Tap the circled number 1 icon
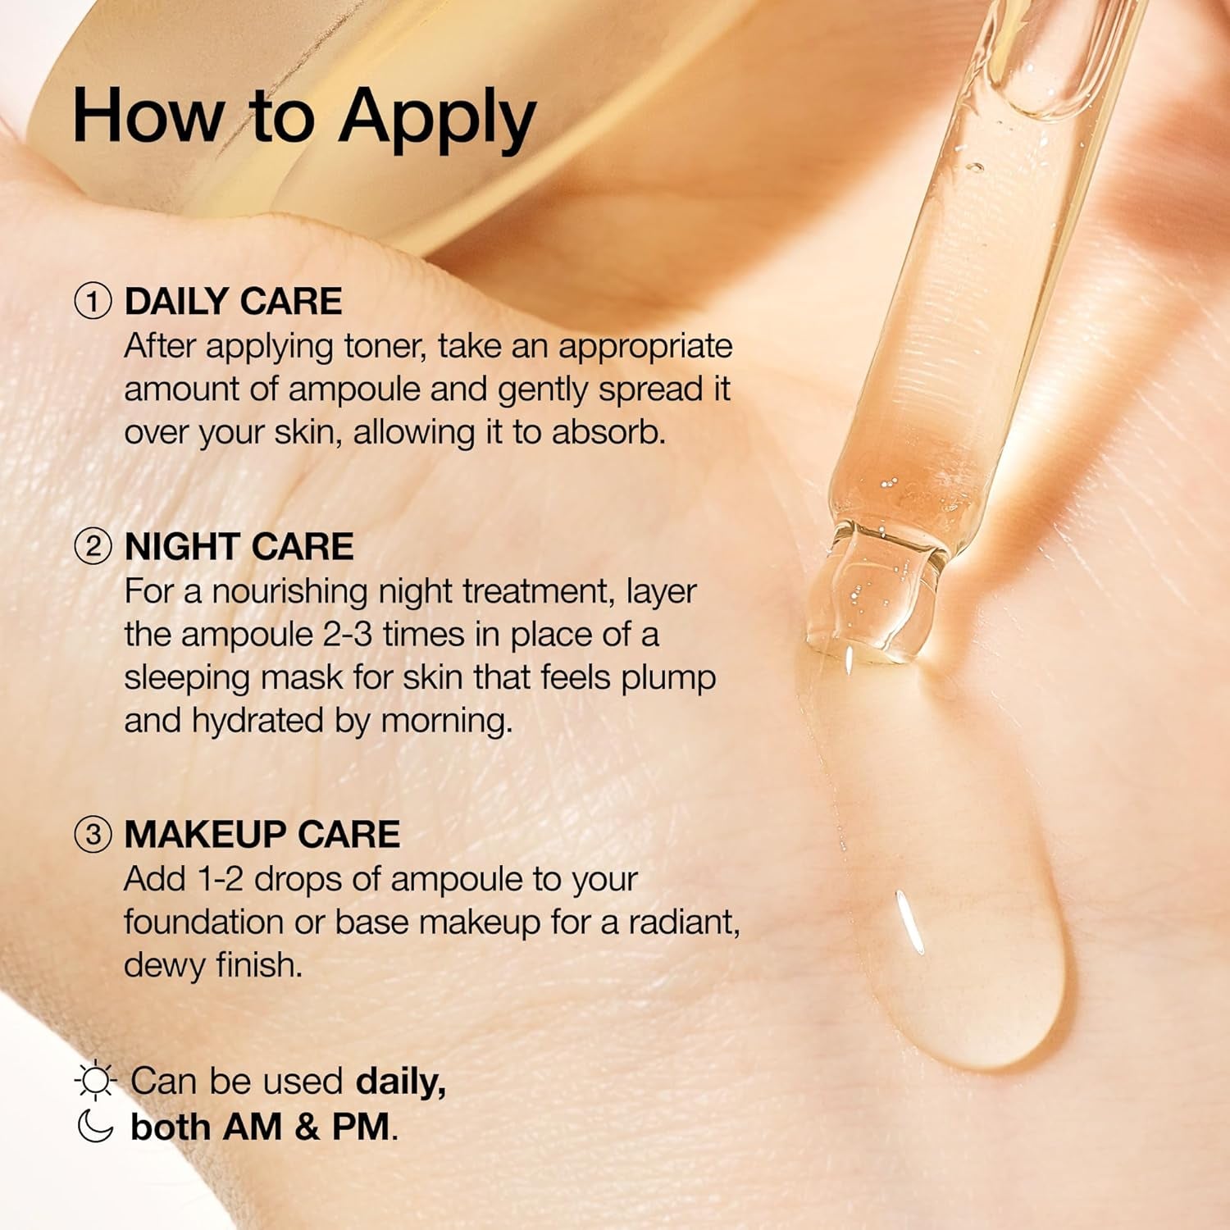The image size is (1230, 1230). coord(93,301)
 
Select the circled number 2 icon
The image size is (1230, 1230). coord(93,546)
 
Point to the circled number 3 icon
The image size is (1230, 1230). coord(93,834)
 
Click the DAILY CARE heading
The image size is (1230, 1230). coord(233,301)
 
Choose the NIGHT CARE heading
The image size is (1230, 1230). coord(239,546)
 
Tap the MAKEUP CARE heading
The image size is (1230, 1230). coord(262,834)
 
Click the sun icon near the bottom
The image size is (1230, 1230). coord(95,1080)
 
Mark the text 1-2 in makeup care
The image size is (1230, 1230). coord(221,879)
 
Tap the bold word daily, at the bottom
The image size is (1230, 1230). coord(401,1082)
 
